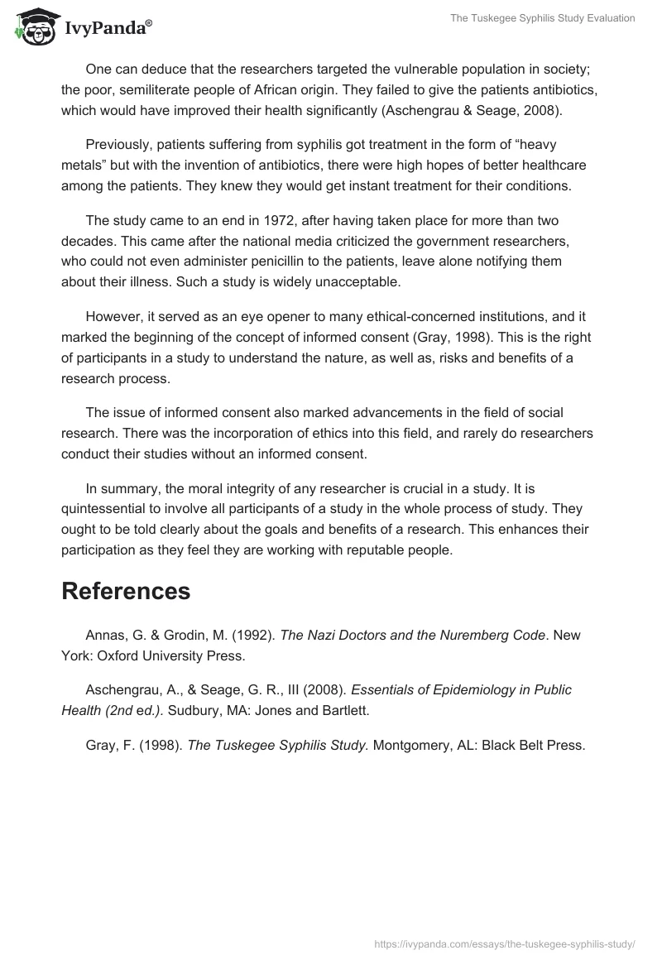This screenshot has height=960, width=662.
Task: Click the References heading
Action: click(126, 591)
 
